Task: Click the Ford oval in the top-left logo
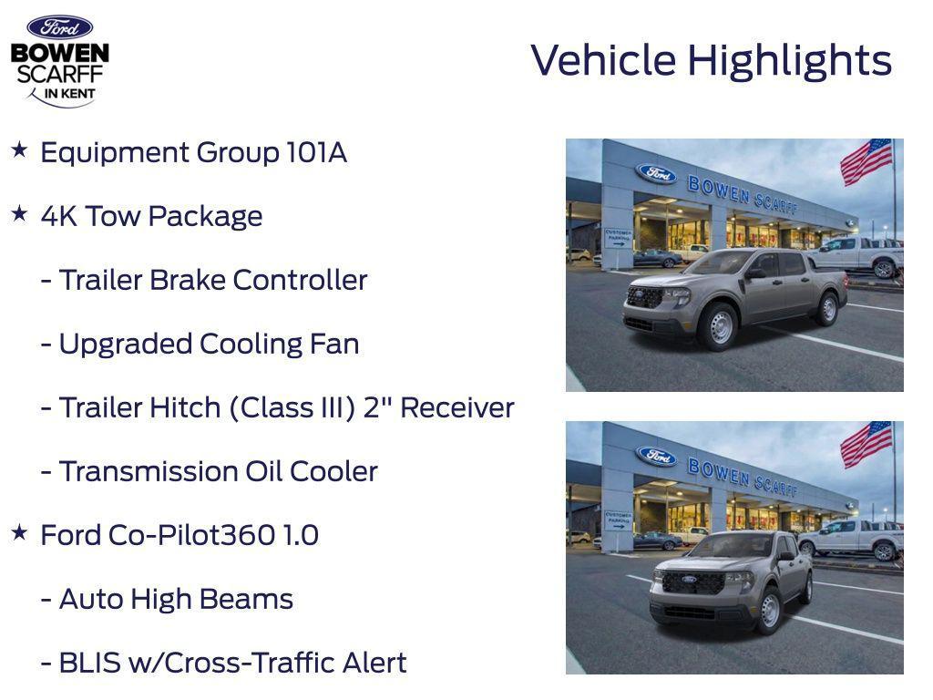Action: [x=59, y=27]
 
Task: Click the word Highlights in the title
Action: [x=789, y=61]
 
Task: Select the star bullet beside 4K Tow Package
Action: [x=19, y=214]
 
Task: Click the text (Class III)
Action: [x=292, y=407]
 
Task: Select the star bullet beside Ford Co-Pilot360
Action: [x=19, y=533]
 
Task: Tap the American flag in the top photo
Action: [x=866, y=161]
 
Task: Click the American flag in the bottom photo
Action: [x=866, y=444]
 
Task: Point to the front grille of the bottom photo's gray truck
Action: [x=692, y=582]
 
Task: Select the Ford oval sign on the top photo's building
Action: [x=656, y=172]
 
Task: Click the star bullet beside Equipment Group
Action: [x=19, y=150]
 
